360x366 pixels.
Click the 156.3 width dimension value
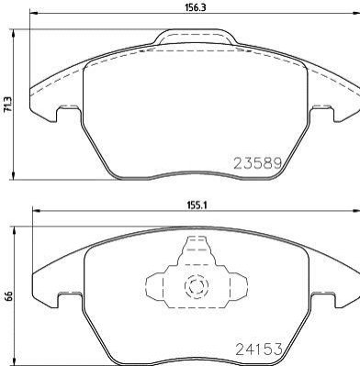[195, 8]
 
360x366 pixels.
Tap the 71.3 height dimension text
[7, 105]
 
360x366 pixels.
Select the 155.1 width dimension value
[197, 205]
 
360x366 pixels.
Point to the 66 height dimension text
[8, 296]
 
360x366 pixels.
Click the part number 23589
[258, 163]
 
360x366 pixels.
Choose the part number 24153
[259, 349]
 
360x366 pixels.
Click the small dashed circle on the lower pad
[197, 286]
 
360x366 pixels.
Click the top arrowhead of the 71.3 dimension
[13, 34]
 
